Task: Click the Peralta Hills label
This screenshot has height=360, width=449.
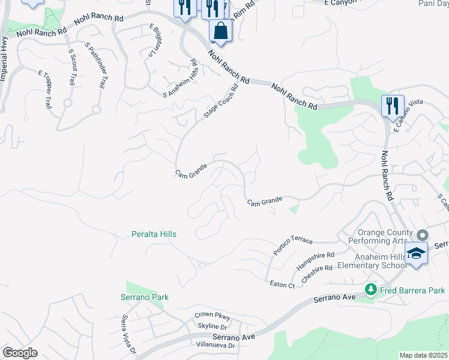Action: (154, 234)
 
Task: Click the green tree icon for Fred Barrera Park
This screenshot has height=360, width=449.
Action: (371, 290)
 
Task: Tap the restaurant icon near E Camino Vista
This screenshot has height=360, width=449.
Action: (392, 106)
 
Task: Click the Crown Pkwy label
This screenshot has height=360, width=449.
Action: (212, 316)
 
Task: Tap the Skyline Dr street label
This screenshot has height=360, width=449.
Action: (212, 326)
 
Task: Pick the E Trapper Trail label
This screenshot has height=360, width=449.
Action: (45, 89)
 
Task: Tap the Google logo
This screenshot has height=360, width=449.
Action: (20, 353)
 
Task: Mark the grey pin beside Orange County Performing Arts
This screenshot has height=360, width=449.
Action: (423, 236)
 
